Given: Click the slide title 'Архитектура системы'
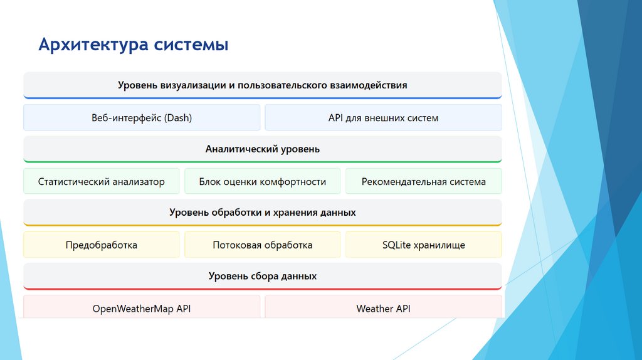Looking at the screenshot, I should click(x=133, y=45).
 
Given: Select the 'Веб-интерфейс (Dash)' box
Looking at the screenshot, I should click(x=142, y=118).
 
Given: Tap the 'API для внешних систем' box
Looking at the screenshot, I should click(x=383, y=118).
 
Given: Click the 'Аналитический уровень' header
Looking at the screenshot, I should click(x=262, y=149).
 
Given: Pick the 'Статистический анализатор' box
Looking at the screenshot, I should click(x=102, y=182).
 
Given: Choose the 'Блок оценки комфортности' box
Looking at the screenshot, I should click(x=262, y=182).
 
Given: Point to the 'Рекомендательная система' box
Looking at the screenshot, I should click(x=423, y=182).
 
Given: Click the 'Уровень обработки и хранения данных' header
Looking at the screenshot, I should click(x=262, y=213).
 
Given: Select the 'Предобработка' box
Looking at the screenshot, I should click(x=102, y=245).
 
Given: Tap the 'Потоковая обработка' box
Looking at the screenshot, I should click(x=262, y=245).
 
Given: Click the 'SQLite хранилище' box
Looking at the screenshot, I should click(x=423, y=245).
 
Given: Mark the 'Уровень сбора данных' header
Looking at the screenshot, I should click(x=262, y=276).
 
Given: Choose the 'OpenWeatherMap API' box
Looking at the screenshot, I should click(x=142, y=309).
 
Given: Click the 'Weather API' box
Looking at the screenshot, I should click(x=383, y=309).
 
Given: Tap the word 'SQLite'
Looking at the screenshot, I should click(x=396, y=245).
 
